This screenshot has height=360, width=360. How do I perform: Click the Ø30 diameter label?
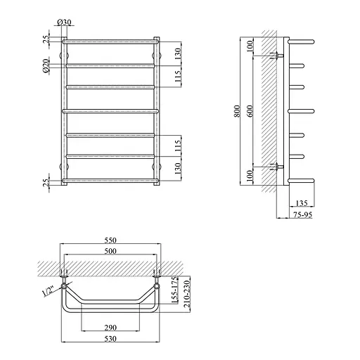[64, 22]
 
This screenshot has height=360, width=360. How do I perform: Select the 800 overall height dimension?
[237, 111]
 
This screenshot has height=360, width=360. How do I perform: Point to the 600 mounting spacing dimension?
[250, 111]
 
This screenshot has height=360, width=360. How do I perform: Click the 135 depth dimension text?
[302, 202]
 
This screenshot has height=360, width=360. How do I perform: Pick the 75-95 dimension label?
[303, 214]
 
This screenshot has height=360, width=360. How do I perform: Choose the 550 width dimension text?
[110, 240]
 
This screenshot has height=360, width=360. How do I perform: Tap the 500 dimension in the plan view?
[110, 251]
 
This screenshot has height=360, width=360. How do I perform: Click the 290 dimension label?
[110, 328]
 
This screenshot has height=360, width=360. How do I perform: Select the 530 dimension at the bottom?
[110, 339]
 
